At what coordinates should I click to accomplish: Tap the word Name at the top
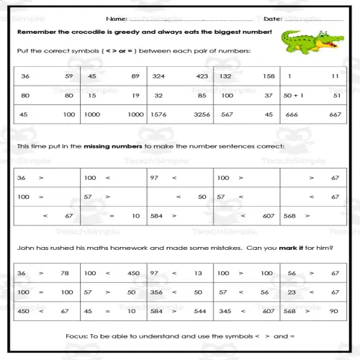(x=116, y=18)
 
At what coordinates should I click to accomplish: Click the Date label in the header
(x=272, y=18)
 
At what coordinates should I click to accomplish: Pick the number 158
(x=268, y=76)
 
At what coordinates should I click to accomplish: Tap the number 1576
(x=161, y=114)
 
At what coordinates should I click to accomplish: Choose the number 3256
(x=202, y=114)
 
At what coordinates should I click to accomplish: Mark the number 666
(x=292, y=114)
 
